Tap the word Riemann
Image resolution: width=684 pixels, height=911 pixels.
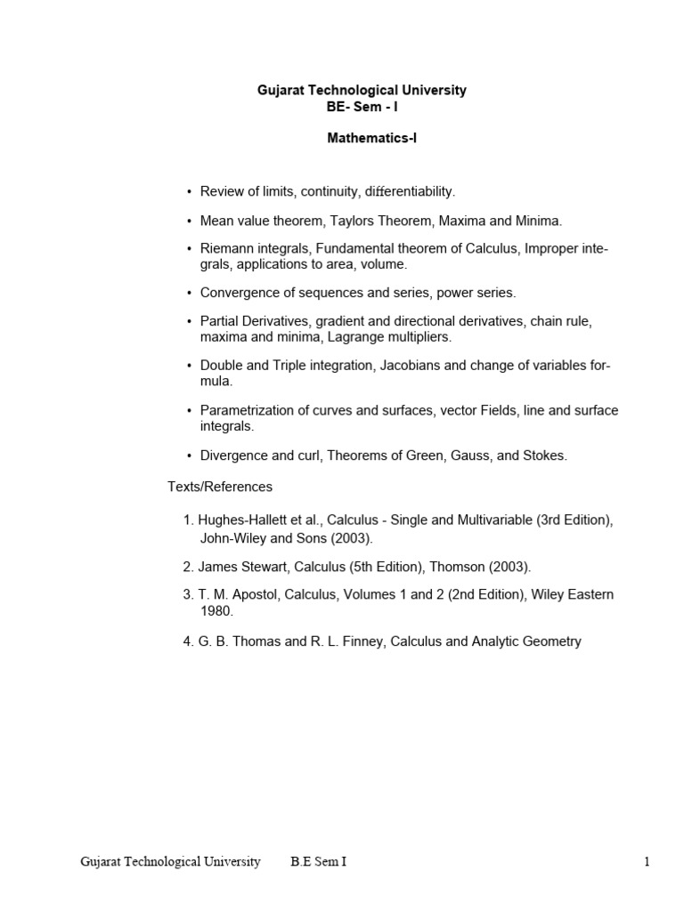tap(227, 248)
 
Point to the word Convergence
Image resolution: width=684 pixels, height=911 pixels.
tap(240, 292)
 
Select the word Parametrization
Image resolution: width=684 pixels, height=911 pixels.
tap(245, 410)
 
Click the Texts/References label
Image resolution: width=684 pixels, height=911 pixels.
tap(220, 487)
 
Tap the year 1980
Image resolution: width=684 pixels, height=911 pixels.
tap(216, 611)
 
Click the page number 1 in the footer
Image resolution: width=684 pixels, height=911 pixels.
tap(647, 861)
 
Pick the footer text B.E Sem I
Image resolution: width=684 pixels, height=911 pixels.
tap(318, 861)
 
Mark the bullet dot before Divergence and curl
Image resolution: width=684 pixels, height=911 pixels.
tap(190, 455)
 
